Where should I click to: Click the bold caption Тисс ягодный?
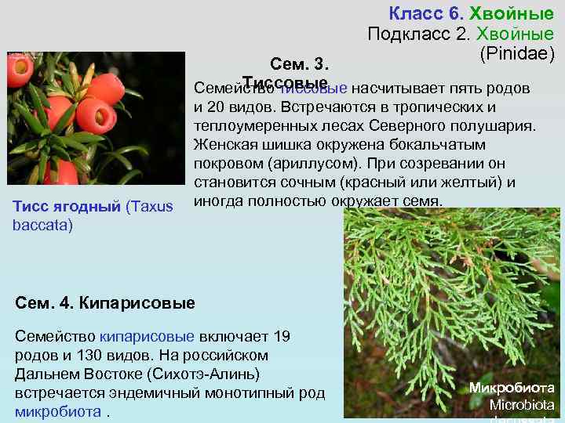tap(66, 206)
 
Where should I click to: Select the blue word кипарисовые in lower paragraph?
tap(147, 336)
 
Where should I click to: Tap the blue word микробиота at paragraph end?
tap(57, 411)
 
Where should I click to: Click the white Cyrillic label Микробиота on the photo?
tap(512, 388)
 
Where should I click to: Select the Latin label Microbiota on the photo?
tap(522, 405)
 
